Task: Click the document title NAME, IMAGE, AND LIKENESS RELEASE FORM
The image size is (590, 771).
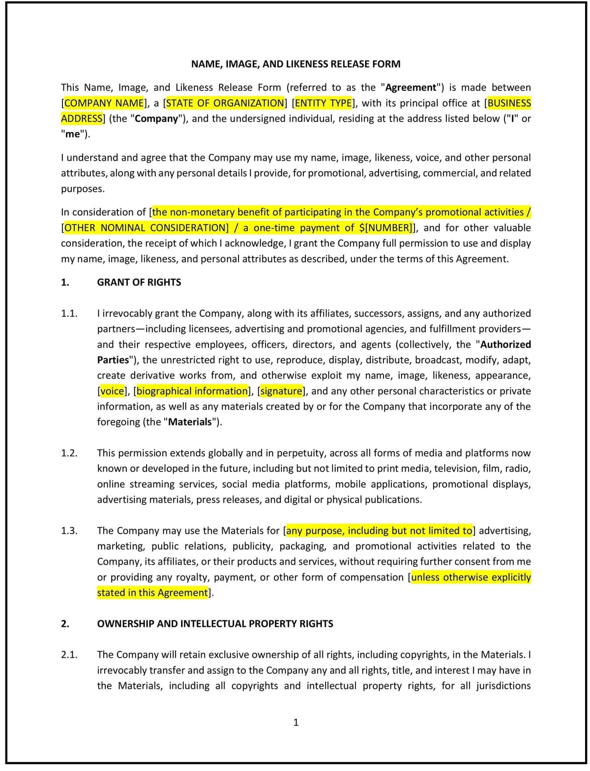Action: [x=295, y=64]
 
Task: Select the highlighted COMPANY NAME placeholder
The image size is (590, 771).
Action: [x=104, y=103]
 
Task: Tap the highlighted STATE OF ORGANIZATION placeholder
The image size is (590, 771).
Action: [x=225, y=103]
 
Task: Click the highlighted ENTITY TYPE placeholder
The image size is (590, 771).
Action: [x=324, y=103]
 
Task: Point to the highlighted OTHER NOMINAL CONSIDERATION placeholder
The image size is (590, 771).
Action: [x=146, y=228]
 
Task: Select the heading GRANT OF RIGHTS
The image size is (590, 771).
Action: [x=139, y=282]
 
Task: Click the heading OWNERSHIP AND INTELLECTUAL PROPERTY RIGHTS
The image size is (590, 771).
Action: [x=215, y=623]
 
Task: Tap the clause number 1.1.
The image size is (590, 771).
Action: [x=69, y=314]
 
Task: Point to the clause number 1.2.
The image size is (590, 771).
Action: [x=69, y=453]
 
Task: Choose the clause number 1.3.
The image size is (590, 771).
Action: [x=69, y=531]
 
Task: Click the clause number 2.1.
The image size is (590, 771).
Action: [x=69, y=654]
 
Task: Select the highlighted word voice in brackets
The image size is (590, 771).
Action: [x=112, y=391]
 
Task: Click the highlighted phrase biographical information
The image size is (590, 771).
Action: [x=192, y=391]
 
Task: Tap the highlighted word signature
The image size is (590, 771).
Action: [x=281, y=391]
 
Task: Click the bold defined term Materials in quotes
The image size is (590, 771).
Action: [x=190, y=422]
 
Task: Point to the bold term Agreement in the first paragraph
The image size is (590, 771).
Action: [x=411, y=88]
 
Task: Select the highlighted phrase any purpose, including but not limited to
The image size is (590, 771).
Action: [x=379, y=531]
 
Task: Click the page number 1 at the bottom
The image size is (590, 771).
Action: [x=295, y=722]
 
